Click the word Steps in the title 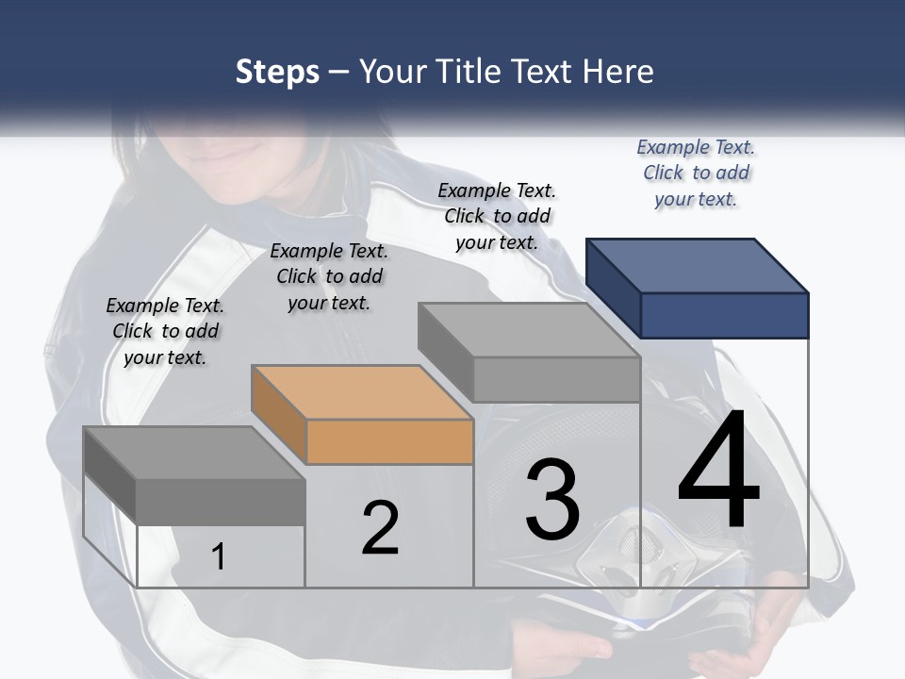[x=277, y=72]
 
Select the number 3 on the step [x=552, y=500]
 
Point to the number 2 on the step [x=380, y=528]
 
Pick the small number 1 [x=219, y=556]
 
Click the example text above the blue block [x=696, y=173]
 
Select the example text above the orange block [x=329, y=276]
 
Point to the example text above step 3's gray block [x=497, y=216]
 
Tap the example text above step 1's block [x=165, y=331]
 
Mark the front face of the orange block [x=390, y=441]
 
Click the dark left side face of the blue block [x=613, y=287]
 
